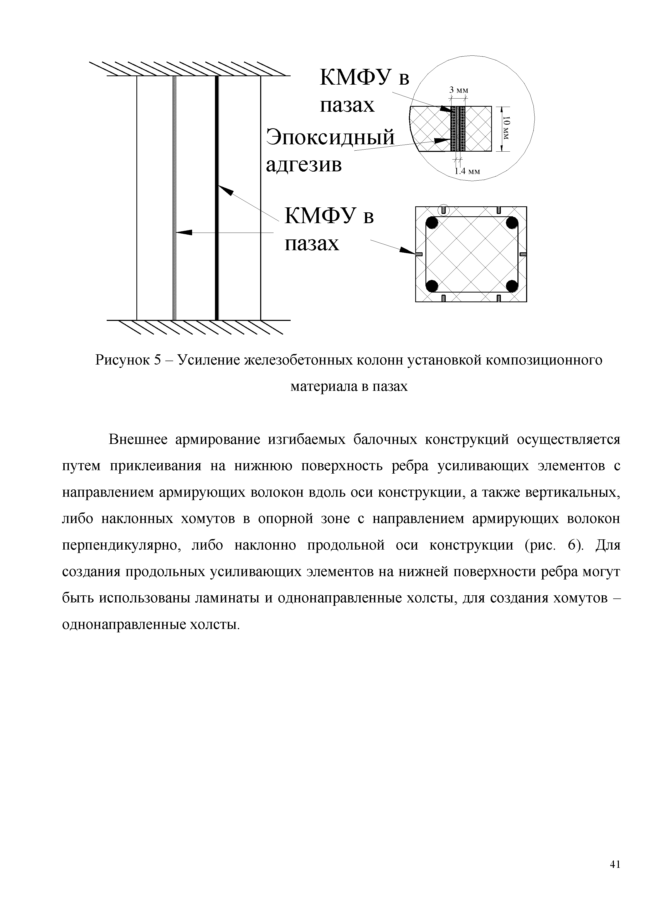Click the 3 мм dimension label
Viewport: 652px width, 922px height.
point(459,90)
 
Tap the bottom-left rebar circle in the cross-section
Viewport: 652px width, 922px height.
point(432,286)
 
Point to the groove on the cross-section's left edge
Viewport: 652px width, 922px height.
point(418,254)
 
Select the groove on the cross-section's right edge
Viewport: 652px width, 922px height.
point(523,254)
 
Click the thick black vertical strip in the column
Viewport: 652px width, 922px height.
point(217,261)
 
